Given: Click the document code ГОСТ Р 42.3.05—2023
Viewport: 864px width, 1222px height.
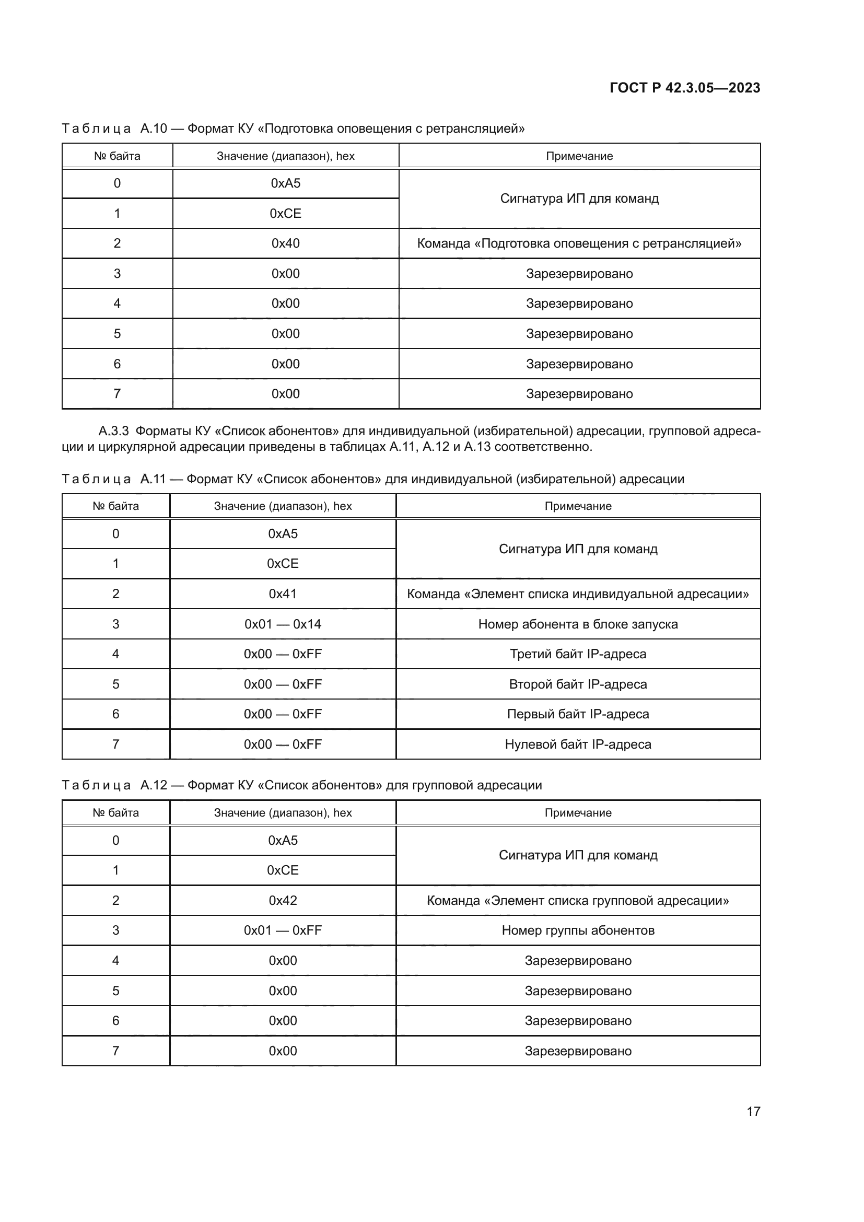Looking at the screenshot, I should (x=684, y=88).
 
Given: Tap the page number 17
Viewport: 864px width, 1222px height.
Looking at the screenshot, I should (x=753, y=1111).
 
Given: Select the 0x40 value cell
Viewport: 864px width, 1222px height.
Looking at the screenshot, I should (x=286, y=243).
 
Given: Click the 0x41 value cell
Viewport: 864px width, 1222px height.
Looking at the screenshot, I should (x=283, y=593).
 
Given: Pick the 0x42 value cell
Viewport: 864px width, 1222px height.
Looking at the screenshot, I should (x=283, y=901).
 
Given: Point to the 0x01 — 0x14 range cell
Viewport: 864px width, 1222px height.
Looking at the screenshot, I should (x=283, y=624).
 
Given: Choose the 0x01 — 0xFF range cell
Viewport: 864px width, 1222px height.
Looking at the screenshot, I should (x=283, y=930).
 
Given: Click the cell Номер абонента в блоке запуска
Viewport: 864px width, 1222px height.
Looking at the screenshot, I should (x=578, y=624).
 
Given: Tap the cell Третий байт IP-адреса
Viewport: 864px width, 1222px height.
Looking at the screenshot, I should (x=578, y=654).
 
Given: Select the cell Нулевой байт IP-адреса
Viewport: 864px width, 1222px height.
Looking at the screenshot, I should (x=578, y=744).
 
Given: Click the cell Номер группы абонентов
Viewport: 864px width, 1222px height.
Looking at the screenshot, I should (x=578, y=930).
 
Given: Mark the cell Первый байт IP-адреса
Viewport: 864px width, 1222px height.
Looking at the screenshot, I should (x=578, y=714).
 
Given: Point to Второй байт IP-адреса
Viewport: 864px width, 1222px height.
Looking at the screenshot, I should (x=578, y=684).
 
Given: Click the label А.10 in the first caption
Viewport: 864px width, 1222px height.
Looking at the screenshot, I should (x=153, y=129).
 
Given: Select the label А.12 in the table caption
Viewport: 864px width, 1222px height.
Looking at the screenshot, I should (x=153, y=785).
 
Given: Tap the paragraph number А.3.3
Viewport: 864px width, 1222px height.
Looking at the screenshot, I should (x=113, y=430).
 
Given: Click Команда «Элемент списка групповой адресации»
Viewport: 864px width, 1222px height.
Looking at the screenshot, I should (x=578, y=901).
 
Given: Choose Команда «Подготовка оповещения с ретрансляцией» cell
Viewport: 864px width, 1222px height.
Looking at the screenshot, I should (x=579, y=243).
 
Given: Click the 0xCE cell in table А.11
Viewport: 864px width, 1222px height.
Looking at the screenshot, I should (x=283, y=563).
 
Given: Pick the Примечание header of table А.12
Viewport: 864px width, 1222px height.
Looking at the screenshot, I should (x=578, y=813).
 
